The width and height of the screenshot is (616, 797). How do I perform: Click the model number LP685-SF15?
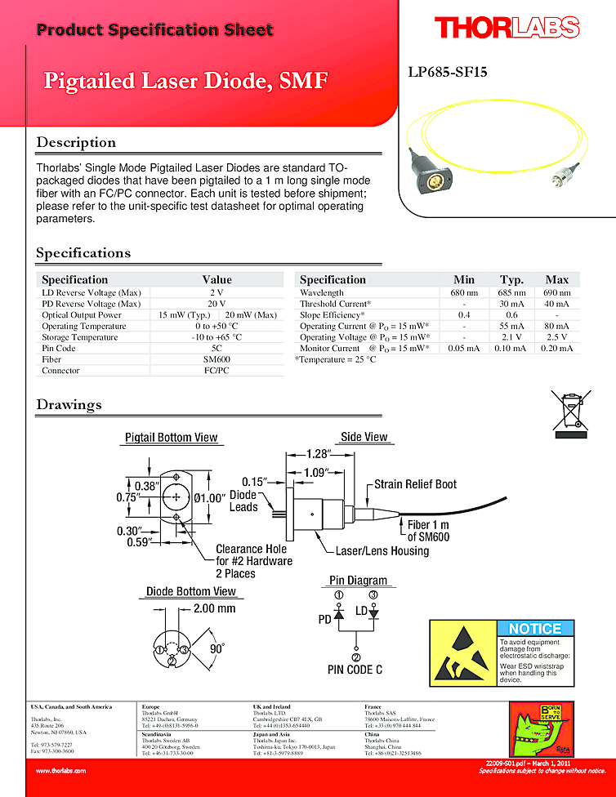(447, 72)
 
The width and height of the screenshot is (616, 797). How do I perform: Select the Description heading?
(76, 142)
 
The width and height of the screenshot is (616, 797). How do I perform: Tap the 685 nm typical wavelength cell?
(511, 292)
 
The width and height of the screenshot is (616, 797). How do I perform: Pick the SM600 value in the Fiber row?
(216, 359)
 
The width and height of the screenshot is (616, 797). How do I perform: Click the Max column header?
(556, 279)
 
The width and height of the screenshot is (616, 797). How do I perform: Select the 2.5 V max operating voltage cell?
(556, 336)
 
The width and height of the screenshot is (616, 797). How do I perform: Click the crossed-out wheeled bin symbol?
(571, 410)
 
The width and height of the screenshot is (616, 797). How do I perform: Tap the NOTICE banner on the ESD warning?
(534, 629)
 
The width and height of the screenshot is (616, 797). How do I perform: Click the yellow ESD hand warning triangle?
(462, 652)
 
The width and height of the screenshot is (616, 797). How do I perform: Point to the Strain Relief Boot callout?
(415, 484)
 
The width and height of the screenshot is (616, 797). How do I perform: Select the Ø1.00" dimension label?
(210, 497)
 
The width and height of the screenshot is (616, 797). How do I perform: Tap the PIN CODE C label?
(355, 670)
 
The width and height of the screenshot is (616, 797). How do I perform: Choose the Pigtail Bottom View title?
(171, 437)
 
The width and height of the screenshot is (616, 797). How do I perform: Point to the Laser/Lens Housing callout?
(382, 551)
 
